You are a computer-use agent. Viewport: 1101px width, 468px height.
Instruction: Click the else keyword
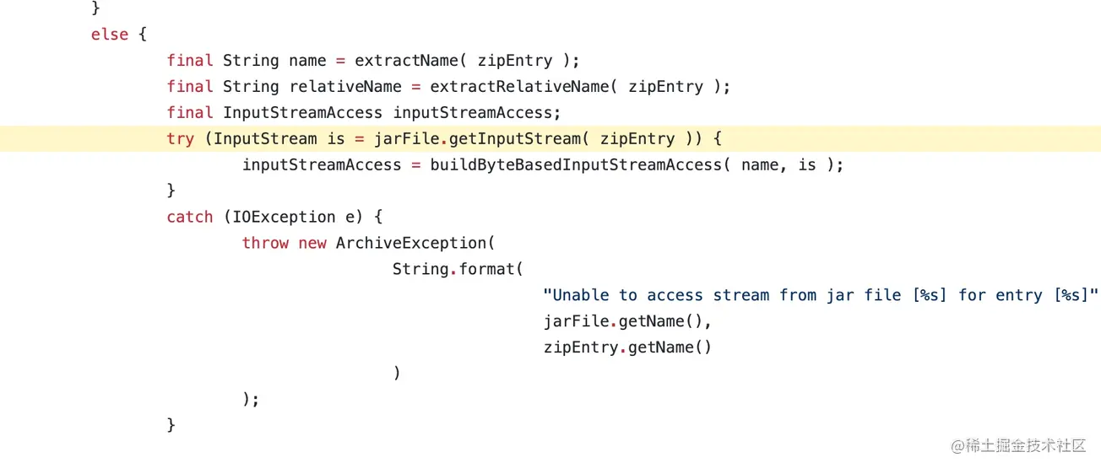pos(110,35)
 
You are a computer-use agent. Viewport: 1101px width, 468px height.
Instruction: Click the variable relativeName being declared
pos(345,87)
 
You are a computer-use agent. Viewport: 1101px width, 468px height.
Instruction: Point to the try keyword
pos(180,139)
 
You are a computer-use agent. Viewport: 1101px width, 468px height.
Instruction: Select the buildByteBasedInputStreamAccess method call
pos(576,165)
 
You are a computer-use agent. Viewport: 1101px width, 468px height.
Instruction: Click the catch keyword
pos(189,217)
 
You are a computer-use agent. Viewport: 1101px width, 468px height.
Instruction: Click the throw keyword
pos(265,243)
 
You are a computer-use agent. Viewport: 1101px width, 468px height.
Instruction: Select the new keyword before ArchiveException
pos(312,243)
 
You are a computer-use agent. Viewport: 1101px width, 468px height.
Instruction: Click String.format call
pos(458,269)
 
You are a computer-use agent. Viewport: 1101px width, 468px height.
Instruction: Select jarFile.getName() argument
pos(627,321)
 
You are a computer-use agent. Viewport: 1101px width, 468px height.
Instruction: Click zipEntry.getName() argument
pos(627,347)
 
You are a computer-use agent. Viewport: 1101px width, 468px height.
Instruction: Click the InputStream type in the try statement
pos(265,139)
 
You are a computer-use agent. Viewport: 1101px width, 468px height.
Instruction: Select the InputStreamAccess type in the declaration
pos(302,113)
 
